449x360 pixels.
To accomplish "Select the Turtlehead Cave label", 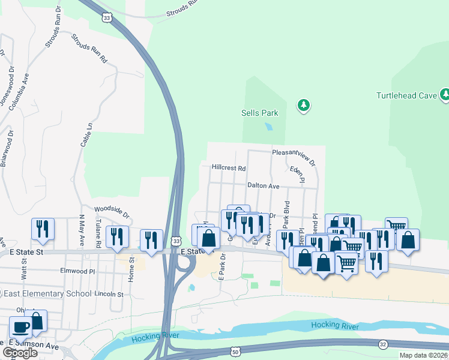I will pyautogui.click(x=406, y=95).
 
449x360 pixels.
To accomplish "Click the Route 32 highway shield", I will pyautogui.click(x=383, y=344).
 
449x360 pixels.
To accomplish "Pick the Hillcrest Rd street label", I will pyautogui.click(x=229, y=169).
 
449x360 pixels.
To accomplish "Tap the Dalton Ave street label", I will pyautogui.click(x=264, y=187).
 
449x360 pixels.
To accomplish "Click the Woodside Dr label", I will pyautogui.click(x=112, y=212).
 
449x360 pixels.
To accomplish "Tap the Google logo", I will pyautogui.click(x=20, y=353).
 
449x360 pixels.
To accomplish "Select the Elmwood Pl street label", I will pyautogui.click(x=78, y=271).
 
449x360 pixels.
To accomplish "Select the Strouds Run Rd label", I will pyautogui.click(x=89, y=49).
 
